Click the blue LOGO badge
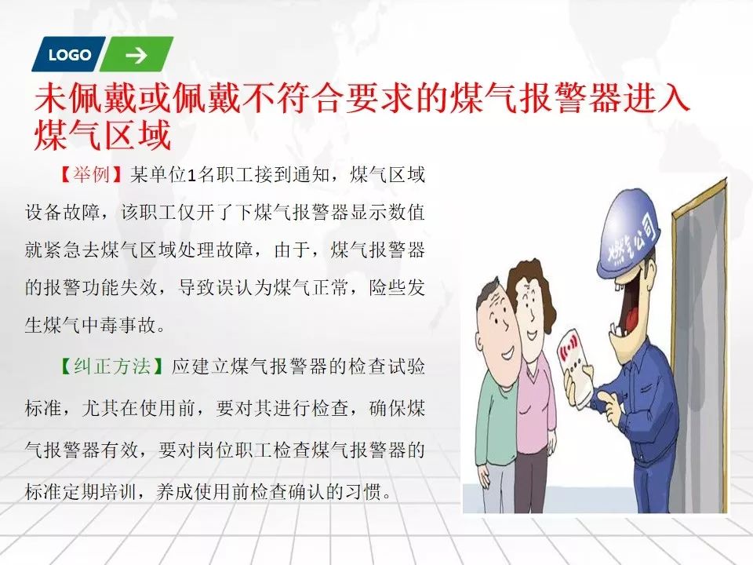tap(69, 54)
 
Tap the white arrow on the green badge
tap(136, 55)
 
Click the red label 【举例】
tap(90, 174)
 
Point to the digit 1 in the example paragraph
tap(191, 176)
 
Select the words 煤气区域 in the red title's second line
tap(103, 136)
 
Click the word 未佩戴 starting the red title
tap(85, 99)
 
